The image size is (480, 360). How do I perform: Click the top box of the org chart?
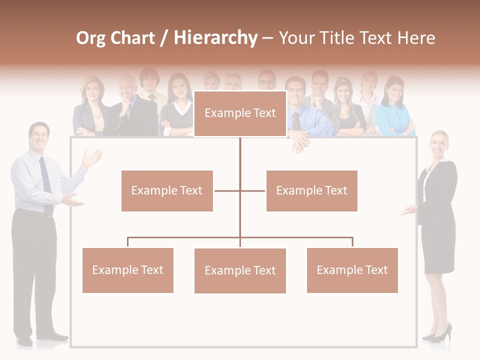click(240, 113)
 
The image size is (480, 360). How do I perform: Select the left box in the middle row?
click(167, 190)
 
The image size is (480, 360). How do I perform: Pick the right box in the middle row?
click(311, 190)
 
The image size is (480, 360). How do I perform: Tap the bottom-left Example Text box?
click(127, 270)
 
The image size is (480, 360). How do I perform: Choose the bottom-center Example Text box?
click(240, 270)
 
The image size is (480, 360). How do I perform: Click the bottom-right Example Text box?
click(352, 270)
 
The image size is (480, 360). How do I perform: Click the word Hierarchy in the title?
click(215, 38)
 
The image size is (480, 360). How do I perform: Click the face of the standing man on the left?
click(39, 135)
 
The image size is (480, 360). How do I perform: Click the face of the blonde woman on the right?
click(438, 143)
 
